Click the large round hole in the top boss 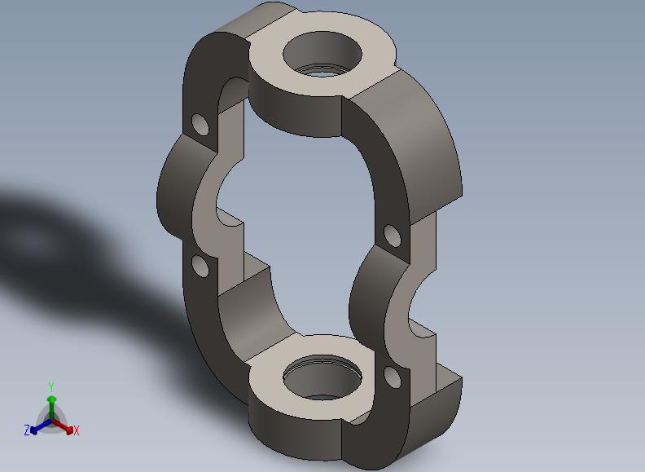322,54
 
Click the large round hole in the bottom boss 322,378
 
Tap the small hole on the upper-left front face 200,125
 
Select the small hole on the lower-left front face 200,266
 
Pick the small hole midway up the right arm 392,236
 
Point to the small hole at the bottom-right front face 392,377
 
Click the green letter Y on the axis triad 51,386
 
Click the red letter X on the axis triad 76,431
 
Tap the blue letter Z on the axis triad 27,430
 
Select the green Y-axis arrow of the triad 51,408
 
